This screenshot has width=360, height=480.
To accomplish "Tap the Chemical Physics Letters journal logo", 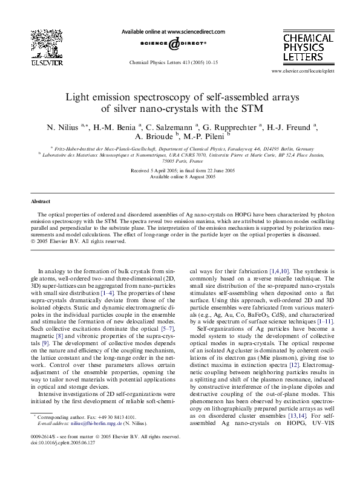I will click(x=309, y=48).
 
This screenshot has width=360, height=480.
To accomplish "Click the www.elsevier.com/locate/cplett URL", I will click(x=312, y=71).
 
